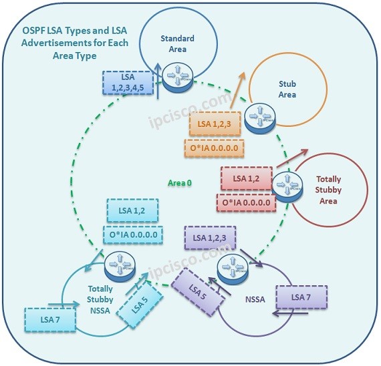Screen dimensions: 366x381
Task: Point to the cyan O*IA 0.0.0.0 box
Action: coord(132,236)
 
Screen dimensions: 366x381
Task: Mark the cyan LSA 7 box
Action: coord(49,320)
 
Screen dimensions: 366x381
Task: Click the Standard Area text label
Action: coord(178,44)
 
